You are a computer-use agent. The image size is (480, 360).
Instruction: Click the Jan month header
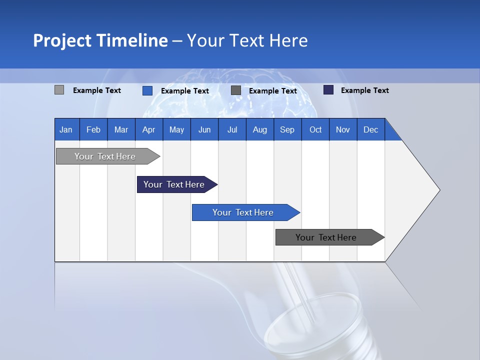(66, 129)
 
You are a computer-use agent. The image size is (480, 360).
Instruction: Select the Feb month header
(93, 129)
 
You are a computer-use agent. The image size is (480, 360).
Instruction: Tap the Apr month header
(149, 129)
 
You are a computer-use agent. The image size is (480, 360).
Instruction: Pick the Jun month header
(204, 129)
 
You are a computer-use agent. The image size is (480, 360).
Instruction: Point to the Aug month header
(260, 129)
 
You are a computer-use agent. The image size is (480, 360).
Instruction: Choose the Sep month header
(287, 129)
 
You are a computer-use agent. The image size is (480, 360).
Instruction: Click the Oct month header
(315, 129)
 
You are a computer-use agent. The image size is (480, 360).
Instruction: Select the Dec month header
(371, 129)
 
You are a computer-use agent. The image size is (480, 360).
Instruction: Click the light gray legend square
(59, 90)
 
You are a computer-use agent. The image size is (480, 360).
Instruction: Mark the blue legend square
(147, 90)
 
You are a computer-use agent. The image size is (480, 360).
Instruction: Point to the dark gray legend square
(236, 90)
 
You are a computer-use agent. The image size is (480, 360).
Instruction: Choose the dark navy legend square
(328, 90)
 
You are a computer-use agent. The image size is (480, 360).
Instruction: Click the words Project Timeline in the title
(100, 40)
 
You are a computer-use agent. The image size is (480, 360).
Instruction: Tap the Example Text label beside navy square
(364, 90)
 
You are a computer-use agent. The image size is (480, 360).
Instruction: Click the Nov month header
(343, 129)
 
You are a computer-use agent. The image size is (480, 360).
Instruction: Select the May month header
(176, 129)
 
